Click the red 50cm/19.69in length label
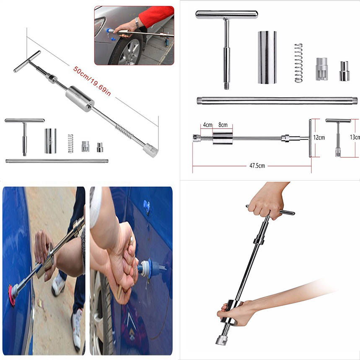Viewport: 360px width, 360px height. point(92,81)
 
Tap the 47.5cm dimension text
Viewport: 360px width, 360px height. point(257,166)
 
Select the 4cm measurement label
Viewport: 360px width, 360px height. point(207,125)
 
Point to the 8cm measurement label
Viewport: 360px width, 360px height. point(223,125)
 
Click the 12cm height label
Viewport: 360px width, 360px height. point(319,137)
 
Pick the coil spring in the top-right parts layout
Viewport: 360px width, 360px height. point(298,63)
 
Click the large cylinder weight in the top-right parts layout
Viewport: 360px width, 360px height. point(267,57)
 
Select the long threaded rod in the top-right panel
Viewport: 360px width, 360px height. point(277,101)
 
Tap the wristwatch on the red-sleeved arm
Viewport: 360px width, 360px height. point(137,23)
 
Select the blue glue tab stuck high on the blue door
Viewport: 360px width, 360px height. point(147,206)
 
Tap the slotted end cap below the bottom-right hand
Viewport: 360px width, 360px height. point(222,340)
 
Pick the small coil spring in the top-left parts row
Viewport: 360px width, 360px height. point(71,143)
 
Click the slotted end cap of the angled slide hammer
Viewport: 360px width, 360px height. point(150,150)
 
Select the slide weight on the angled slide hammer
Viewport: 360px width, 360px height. point(80,99)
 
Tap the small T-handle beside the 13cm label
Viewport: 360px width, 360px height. point(338,138)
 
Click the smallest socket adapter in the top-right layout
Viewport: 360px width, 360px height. point(344,71)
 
